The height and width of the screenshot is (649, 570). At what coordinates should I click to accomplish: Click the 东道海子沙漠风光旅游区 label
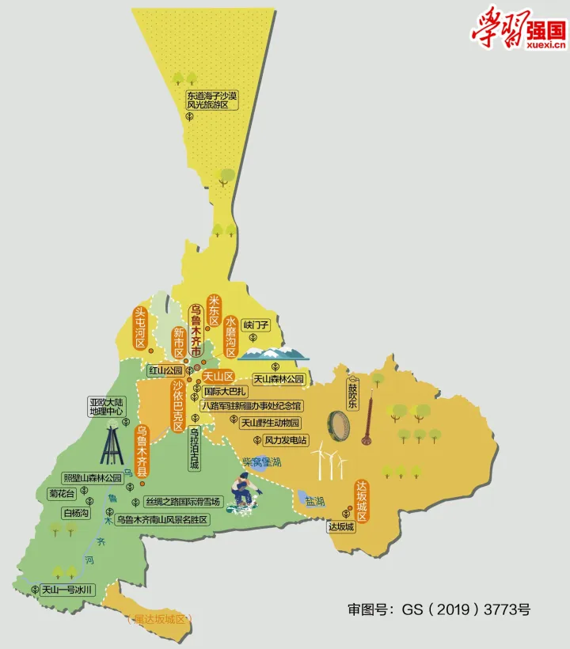click(x=207, y=100)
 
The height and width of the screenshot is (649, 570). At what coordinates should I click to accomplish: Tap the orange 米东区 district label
click(x=213, y=310)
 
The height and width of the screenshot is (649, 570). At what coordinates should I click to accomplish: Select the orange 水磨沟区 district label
click(x=230, y=337)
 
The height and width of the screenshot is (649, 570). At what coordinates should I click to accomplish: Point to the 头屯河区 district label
click(x=140, y=327)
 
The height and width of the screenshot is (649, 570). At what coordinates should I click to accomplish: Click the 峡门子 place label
click(x=256, y=324)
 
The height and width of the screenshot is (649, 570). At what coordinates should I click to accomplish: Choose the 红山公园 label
click(x=165, y=370)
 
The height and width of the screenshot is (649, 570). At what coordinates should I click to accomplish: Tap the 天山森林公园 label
click(x=278, y=379)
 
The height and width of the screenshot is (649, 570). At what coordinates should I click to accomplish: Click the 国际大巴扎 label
click(x=226, y=392)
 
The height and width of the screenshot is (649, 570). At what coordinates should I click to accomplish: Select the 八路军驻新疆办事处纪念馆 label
click(x=250, y=406)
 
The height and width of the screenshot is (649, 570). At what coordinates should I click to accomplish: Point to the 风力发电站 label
click(x=286, y=439)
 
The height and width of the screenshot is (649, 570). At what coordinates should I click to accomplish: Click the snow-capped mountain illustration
click(x=272, y=353)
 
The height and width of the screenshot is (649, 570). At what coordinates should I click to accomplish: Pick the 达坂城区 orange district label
click(x=362, y=501)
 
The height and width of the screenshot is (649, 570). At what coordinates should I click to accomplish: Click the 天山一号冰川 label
click(x=68, y=590)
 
